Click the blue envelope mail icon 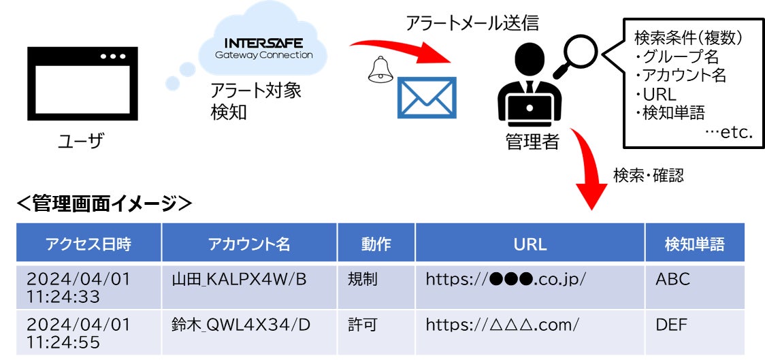[427, 97]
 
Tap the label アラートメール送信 [472, 24]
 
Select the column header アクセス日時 [88, 244]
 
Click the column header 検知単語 [694, 244]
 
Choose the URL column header [530, 244]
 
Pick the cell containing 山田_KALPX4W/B [239, 279]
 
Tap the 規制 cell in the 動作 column [361, 279]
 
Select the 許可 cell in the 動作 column [361, 325]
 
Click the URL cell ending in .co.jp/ [506, 279]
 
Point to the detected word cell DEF [672, 325]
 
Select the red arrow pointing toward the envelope [402, 53]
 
